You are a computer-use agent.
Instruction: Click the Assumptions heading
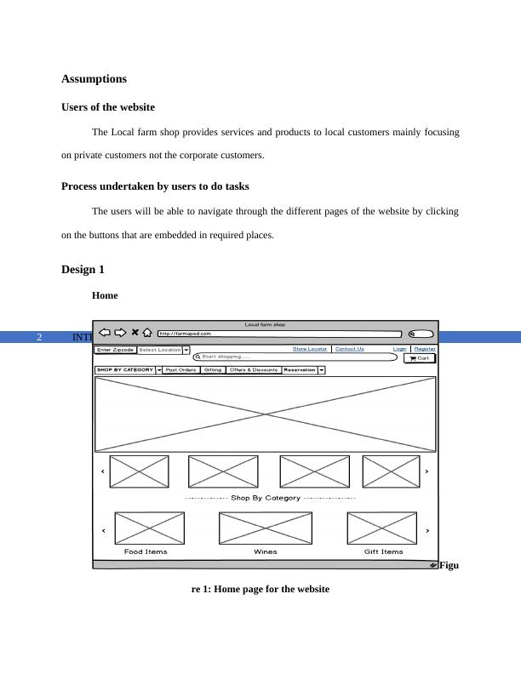pos(94,79)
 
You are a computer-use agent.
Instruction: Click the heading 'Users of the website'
pos(108,107)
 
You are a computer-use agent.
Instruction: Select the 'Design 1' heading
pos(83,270)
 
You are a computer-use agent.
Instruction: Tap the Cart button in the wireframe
pos(419,358)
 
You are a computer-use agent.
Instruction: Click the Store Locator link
pos(310,349)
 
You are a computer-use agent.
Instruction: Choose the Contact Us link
pos(349,349)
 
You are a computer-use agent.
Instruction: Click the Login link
pos(399,349)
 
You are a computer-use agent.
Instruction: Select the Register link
pos(425,349)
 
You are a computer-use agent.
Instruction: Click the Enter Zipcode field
pos(115,350)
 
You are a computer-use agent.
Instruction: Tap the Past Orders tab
pos(181,370)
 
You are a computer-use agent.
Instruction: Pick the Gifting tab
pos(213,370)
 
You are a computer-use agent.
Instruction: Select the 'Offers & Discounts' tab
pos(254,370)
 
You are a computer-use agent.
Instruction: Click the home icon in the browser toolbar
pos(147,333)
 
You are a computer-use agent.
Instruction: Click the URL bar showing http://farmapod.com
pos(279,334)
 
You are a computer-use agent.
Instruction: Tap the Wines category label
pos(265,551)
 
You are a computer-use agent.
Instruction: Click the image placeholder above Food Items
pos(150,528)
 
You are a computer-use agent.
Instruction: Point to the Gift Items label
pos(383,551)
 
